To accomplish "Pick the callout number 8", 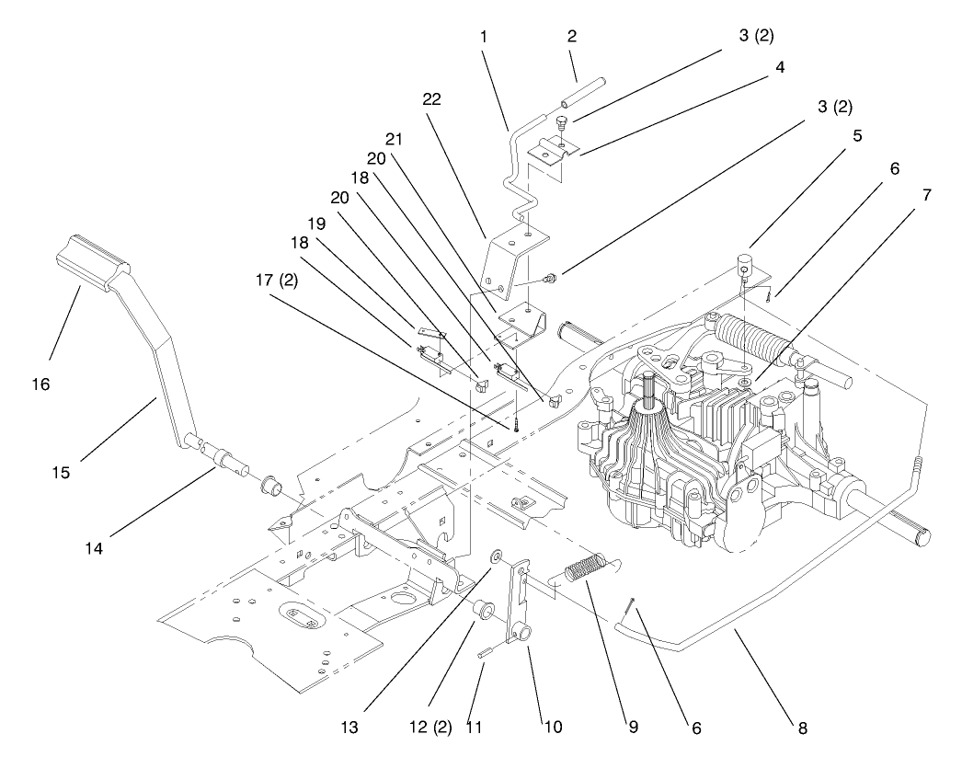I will click(802, 728).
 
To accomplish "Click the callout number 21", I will click(395, 139).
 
